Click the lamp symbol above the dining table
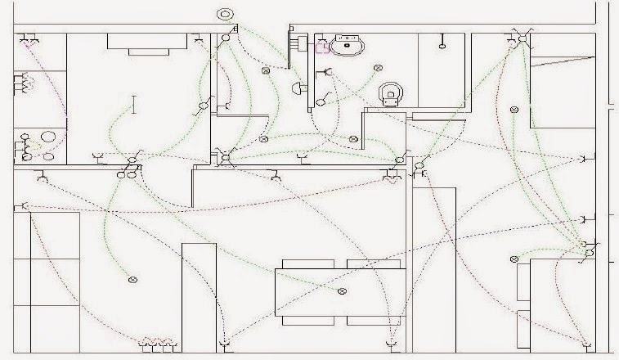[342, 291]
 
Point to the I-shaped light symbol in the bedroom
[133, 104]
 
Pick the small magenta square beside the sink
[321, 47]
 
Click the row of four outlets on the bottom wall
[157, 341]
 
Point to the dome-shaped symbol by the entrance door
[302, 155]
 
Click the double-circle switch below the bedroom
[126, 173]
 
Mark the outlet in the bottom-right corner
[583, 342]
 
